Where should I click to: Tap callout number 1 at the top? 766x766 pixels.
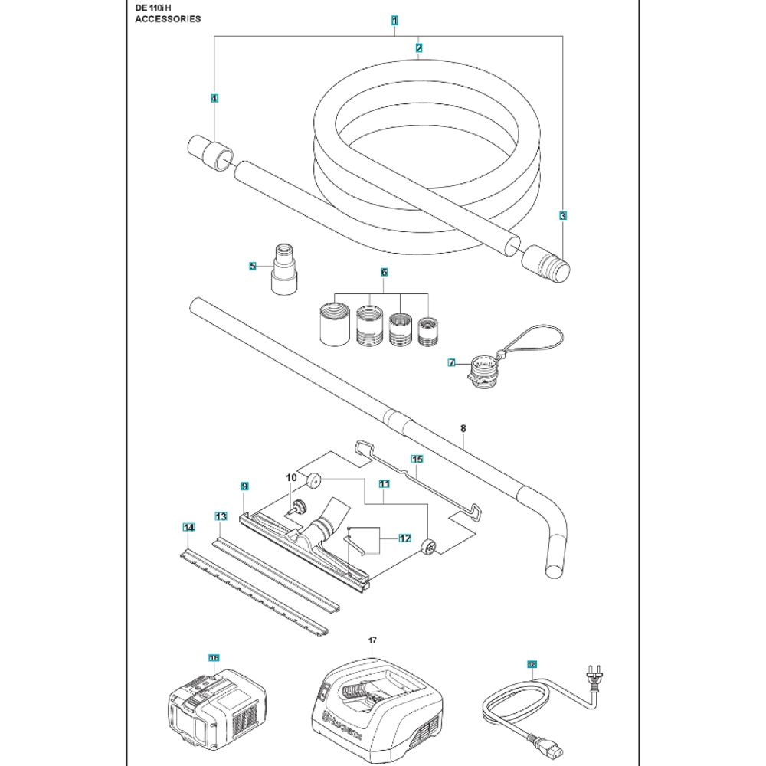click(x=394, y=21)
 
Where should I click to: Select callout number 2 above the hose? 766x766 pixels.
click(x=418, y=47)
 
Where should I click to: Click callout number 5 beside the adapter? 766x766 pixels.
click(x=252, y=266)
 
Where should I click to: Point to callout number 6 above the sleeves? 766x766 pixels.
click(x=384, y=272)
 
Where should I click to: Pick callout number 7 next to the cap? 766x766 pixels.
click(x=451, y=362)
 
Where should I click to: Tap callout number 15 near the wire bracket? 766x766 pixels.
click(x=416, y=460)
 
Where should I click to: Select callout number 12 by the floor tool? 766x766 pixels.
click(x=404, y=538)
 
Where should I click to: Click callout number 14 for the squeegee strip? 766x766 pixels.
click(x=188, y=526)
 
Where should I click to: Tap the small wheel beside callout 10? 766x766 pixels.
click(x=313, y=482)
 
